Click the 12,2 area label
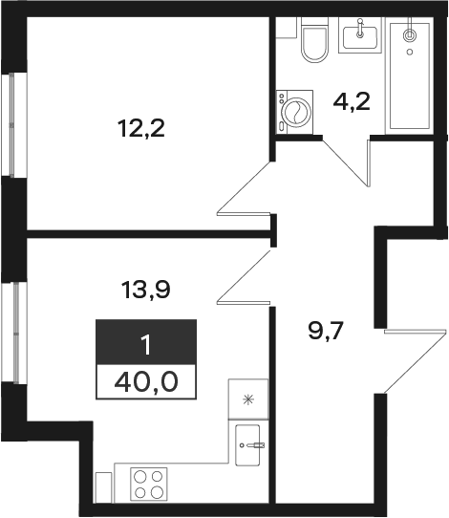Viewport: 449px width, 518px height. click(x=140, y=129)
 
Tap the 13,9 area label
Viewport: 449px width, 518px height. click(x=145, y=290)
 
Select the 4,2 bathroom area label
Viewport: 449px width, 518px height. click(x=352, y=102)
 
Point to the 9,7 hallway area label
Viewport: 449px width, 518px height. click(x=326, y=331)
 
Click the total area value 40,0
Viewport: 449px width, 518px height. click(x=146, y=382)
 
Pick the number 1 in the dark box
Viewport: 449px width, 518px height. click(x=145, y=345)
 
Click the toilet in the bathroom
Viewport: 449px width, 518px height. click(x=315, y=39)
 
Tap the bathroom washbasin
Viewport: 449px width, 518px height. click(x=360, y=35)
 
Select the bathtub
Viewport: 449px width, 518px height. click(x=410, y=76)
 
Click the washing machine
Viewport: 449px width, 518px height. click(x=294, y=112)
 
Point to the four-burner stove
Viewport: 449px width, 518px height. click(x=149, y=484)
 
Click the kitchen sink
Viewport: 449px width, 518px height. click(x=247, y=445)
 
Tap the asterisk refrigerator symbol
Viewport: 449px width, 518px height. click(x=248, y=400)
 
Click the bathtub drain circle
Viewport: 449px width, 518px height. click(x=410, y=35)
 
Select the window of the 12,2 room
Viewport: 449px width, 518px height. click(x=12, y=125)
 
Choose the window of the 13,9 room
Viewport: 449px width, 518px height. click(x=14, y=333)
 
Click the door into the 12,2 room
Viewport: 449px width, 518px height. click(x=244, y=188)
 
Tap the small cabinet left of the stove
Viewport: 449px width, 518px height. click(x=104, y=487)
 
